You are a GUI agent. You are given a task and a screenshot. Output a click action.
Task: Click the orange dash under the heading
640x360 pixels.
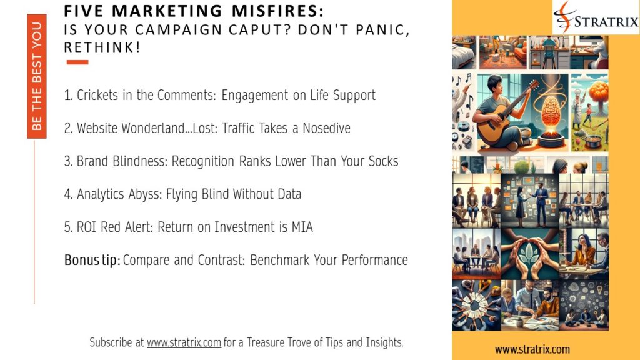tap(77, 62)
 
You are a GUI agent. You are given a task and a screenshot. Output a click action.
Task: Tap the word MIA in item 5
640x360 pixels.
tap(301, 227)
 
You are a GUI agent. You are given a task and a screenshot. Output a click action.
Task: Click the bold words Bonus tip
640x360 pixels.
tap(92, 260)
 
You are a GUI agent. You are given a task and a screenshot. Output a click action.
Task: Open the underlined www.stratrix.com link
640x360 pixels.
tap(184, 342)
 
